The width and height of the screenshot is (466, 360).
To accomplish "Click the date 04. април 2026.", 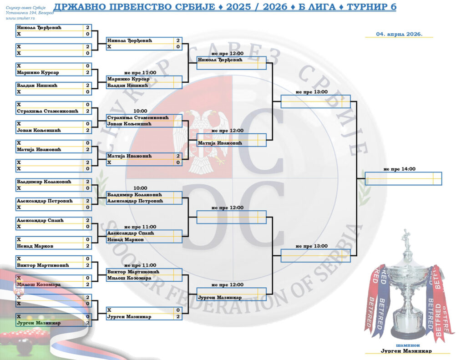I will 399,34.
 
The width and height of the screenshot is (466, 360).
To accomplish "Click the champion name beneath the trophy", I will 406,351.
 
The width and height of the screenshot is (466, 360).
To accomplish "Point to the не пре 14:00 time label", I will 399,169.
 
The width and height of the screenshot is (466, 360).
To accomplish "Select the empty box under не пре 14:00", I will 403,178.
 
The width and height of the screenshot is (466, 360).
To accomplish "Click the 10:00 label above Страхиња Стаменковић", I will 140,111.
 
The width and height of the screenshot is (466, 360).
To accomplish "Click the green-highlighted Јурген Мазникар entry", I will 39,323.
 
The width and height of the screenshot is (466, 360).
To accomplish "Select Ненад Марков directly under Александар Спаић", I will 125,239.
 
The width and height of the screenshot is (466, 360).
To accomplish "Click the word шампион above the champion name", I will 406,345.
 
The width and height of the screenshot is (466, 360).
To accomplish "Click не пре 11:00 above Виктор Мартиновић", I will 140,265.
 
